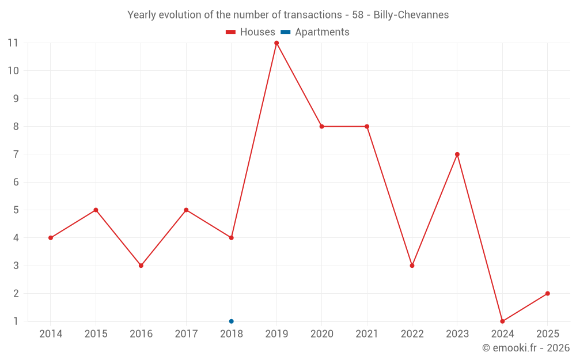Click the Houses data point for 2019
coord(276,43)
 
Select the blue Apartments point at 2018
coord(232,321)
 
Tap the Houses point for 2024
coord(502,321)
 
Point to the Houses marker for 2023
coord(457,154)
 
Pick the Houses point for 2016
coord(141,266)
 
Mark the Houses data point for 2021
coord(367,127)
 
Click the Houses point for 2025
coord(548,294)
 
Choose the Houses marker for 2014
coord(51,238)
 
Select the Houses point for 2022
coord(412,266)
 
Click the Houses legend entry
coord(251,32)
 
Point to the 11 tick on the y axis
coord(13,43)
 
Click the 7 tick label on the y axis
coord(16,154)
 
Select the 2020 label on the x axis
coord(321,334)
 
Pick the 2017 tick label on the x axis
coord(186,334)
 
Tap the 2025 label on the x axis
coord(548,334)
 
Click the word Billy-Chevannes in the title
coord(411,15)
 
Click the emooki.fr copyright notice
coord(526,348)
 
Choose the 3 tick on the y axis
coord(16,266)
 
